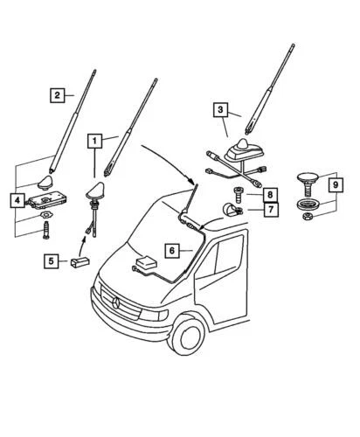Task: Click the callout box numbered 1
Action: [x=93, y=140]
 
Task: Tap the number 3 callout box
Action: [x=221, y=110]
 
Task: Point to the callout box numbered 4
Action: [x=17, y=201]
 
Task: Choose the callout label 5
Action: [x=52, y=260]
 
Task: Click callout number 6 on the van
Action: [x=173, y=250]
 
